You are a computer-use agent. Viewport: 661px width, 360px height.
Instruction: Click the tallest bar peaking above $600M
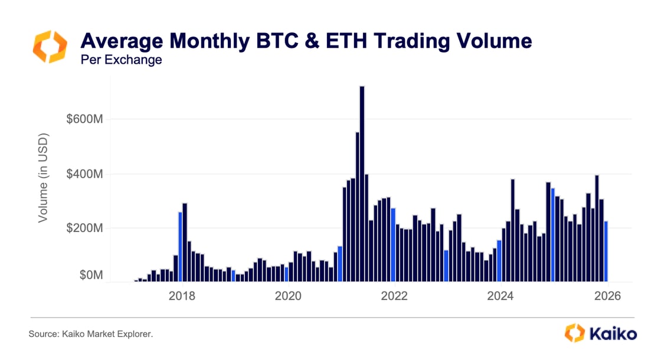(x=362, y=183)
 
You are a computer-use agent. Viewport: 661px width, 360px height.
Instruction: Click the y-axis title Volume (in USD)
(x=43, y=177)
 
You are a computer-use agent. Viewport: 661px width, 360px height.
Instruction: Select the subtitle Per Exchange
(x=121, y=60)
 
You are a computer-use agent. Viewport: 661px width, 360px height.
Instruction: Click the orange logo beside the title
(x=50, y=47)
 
